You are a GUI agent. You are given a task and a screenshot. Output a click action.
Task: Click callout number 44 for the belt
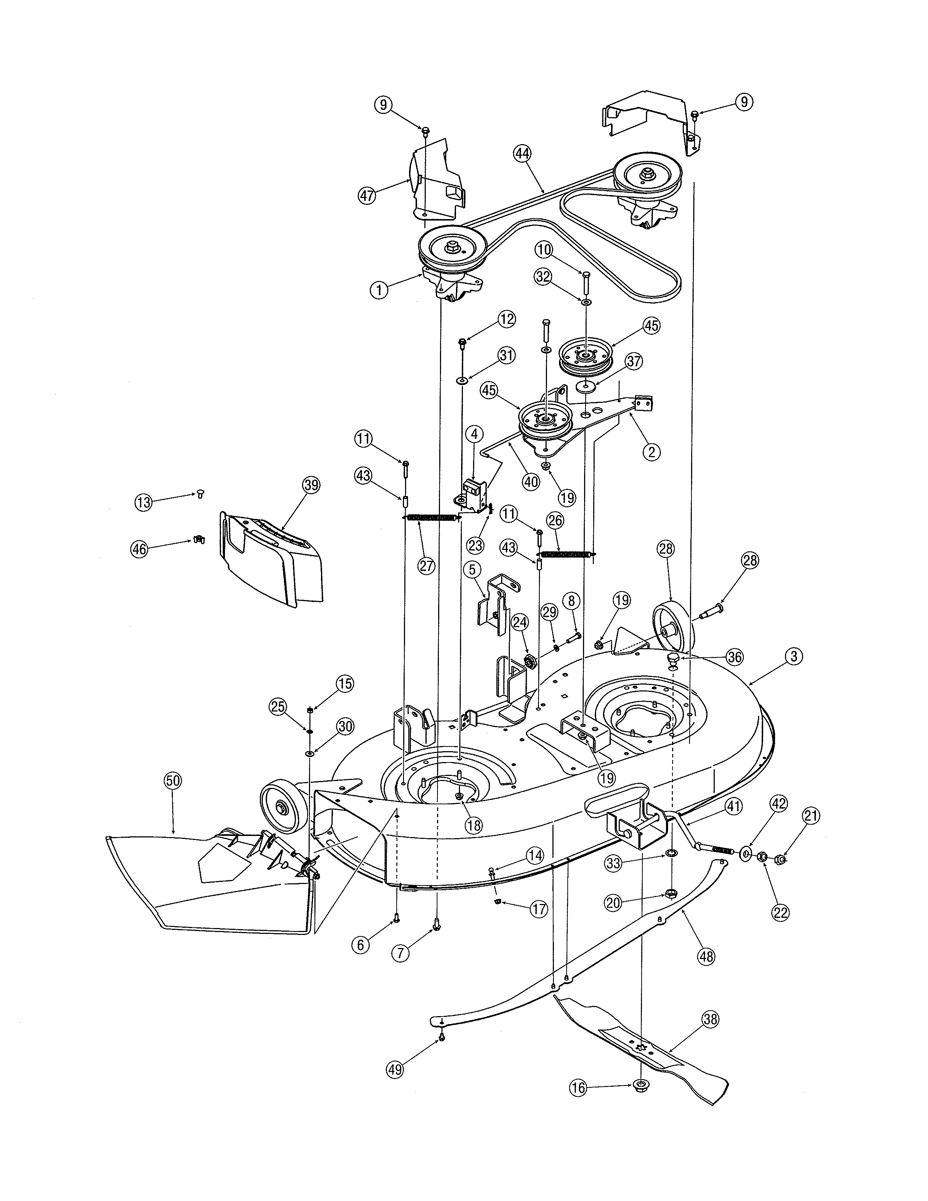tap(522, 154)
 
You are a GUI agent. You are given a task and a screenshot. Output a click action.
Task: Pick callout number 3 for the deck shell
tap(794, 656)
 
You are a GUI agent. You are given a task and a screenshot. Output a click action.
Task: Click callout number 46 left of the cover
tap(139, 549)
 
